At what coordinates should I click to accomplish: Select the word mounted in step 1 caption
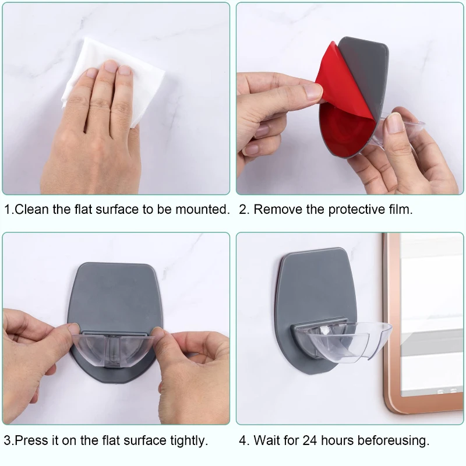click(202, 210)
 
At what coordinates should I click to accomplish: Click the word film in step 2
click(401, 210)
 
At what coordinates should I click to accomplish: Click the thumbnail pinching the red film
click(313, 91)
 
